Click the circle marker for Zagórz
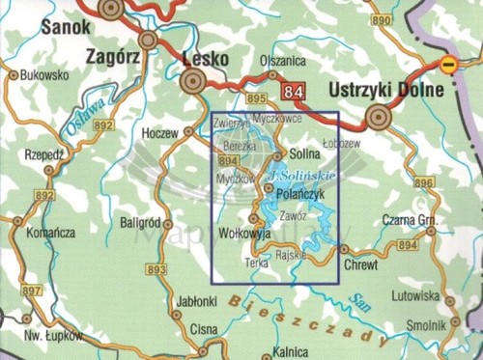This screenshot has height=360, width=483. click(x=148, y=40)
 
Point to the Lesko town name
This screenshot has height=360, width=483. click(x=205, y=58)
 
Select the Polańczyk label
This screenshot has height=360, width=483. click(x=305, y=193)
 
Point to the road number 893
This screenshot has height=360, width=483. click(x=158, y=268)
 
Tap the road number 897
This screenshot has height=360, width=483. click(x=32, y=291)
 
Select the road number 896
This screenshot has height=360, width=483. click(x=423, y=182)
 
